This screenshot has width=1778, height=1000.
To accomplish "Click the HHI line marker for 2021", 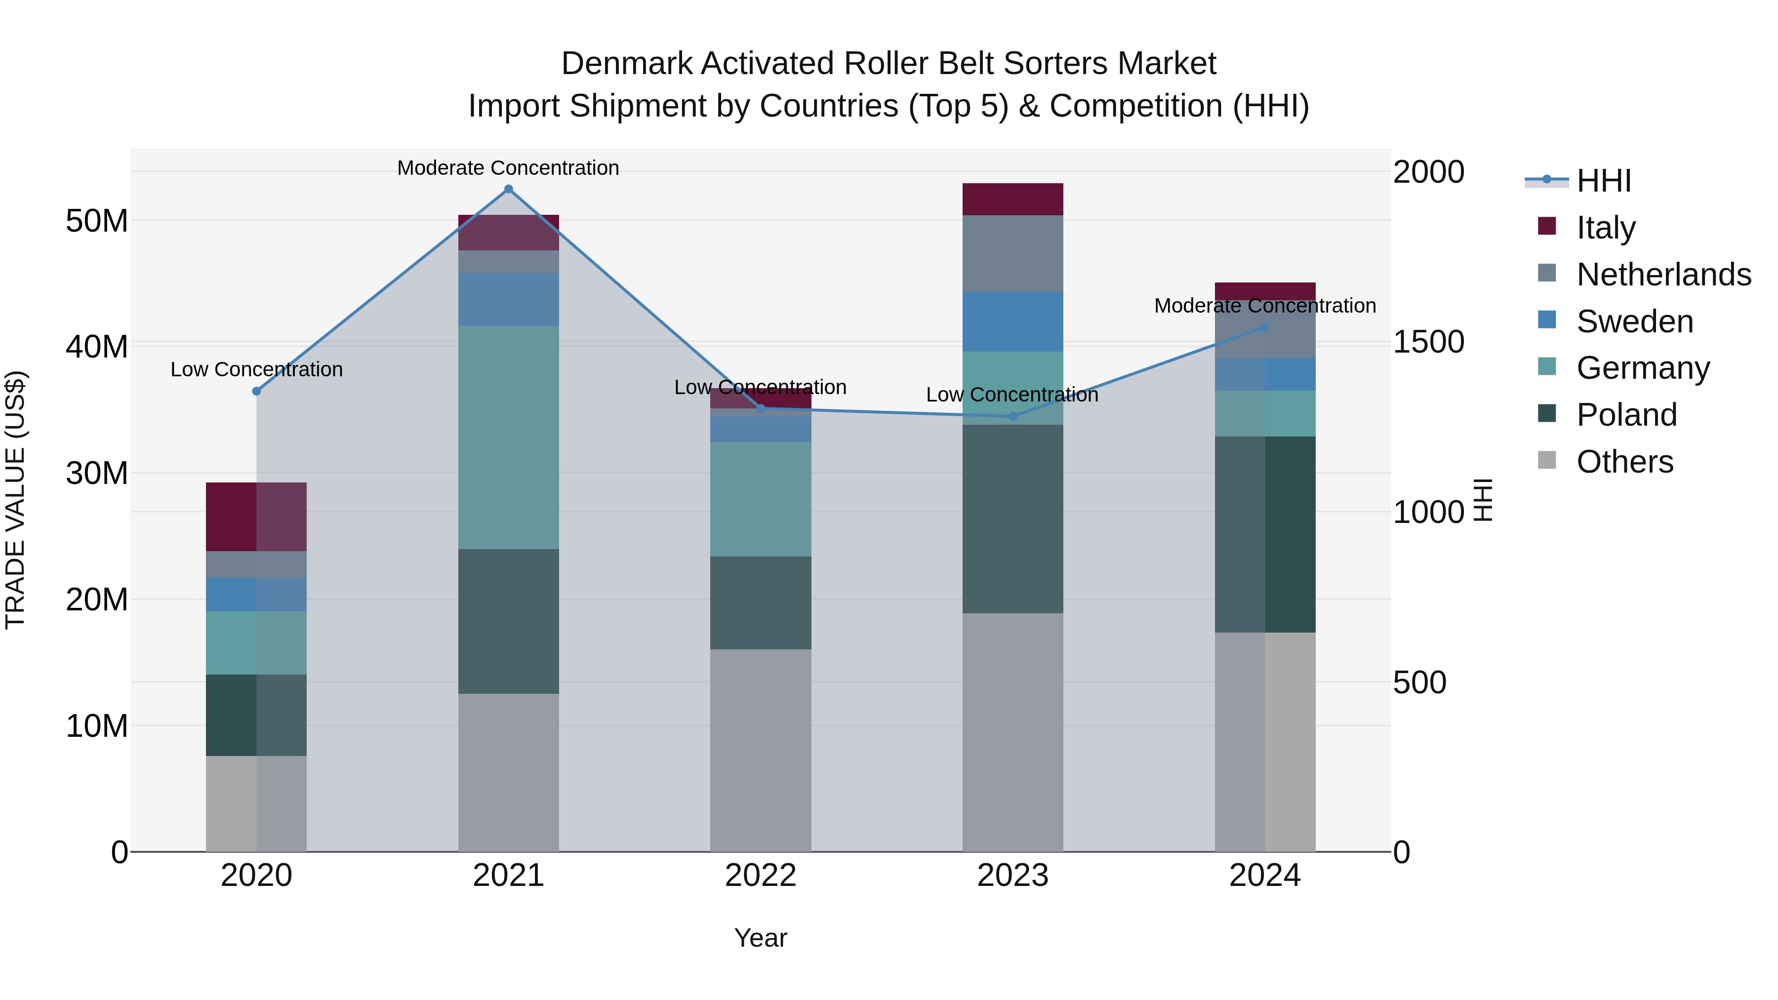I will click(509, 189).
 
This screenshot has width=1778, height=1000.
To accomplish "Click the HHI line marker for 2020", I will click(257, 391).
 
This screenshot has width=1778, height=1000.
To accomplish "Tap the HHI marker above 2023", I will click(1013, 416).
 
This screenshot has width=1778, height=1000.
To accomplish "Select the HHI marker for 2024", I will click(1265, 327).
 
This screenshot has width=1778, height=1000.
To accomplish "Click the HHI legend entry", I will click(1603, 181).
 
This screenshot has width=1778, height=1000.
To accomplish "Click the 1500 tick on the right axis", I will click(1428, 342).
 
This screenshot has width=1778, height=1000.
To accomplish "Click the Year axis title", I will click(761, 938).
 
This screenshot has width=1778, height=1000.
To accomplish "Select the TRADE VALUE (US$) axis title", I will click(15, 500).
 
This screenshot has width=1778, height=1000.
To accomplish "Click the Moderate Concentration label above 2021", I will click(508, 168).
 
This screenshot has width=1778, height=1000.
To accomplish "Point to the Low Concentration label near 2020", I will click(257, 369).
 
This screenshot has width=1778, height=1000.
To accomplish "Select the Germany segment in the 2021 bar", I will click(509, 438).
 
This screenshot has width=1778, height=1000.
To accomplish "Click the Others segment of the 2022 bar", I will click(761, 750).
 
